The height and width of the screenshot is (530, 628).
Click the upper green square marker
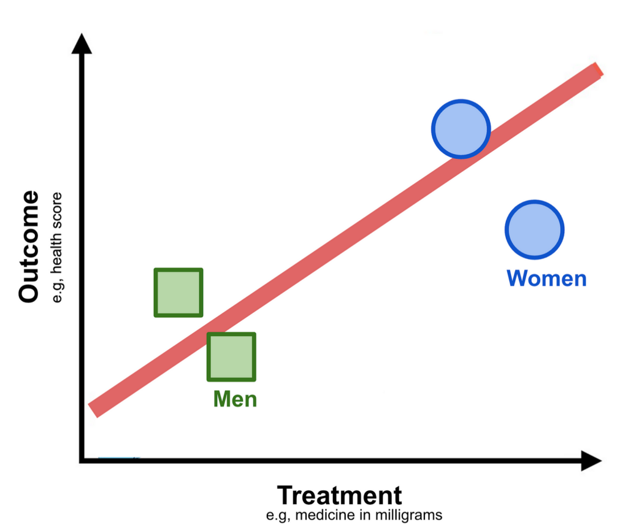(x=178, y=293)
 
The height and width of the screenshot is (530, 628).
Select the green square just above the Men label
(x=231, y=356)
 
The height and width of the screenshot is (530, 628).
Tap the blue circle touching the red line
(x=461, y=129)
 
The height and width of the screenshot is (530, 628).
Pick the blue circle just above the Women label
(x=534, y=230)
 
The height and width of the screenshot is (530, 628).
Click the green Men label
(x=235, y=399)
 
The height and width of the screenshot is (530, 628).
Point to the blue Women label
(x=546, y=278)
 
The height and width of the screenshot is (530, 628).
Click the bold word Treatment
(x=340, y=496)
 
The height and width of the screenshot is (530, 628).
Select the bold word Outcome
(x=29, y=247)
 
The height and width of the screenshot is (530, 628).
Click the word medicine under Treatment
(x=325, y=515)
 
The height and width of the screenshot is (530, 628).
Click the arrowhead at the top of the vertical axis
(x=82, y=44)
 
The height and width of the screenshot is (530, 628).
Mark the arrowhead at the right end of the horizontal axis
(x=592, y=461)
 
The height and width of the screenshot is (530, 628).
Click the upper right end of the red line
(x=599, y=69)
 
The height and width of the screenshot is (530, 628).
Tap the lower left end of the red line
(x=93, y=410)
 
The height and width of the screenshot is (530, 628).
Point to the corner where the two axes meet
(x=82, y=461)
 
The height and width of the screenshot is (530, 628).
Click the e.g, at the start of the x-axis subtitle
(x=278, y=515)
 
